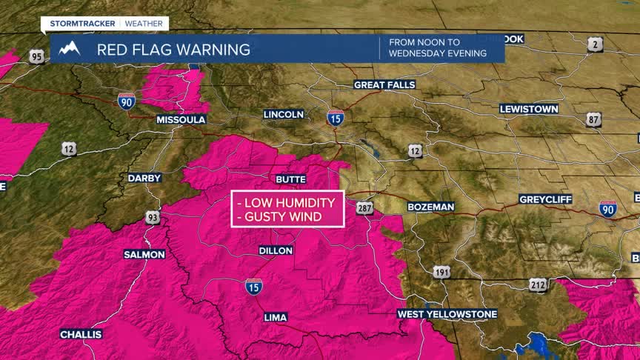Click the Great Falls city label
384,84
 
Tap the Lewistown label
529,109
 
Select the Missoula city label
181,119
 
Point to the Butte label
290,179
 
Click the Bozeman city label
430,207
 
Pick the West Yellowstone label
447,314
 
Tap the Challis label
81,334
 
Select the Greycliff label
544,200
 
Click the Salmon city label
144,254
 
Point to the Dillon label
276,250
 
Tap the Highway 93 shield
152,217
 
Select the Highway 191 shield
441,272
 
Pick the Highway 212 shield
539,284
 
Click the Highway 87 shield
593,120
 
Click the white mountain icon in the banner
69,50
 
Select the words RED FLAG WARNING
173,50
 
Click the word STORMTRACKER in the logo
80,24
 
